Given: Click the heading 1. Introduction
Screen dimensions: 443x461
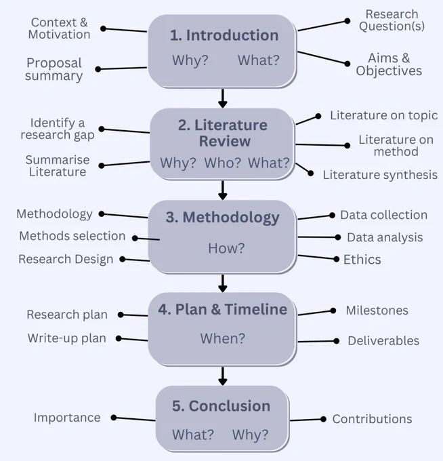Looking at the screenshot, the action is (x=224, y=35).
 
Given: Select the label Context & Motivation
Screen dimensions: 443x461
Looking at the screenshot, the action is (x=60, y=28).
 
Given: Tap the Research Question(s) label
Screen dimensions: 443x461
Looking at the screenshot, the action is (x=392, y=20).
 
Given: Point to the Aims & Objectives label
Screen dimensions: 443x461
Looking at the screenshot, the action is (x=389, y=64).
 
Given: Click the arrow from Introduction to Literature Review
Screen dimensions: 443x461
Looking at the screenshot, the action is (x=223, y=98).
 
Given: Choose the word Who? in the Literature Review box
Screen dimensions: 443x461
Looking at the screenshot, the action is (x=222, y=163).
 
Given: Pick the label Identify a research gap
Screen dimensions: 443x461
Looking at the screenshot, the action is (x=58, y=129).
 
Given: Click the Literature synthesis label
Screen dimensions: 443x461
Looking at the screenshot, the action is (x=380, y=175).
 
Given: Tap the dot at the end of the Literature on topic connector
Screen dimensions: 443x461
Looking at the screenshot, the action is (x=318, y=117).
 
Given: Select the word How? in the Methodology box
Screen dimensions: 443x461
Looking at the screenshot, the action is (x=226, y=248).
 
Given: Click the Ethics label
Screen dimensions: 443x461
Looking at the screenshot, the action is (x=362, y=260).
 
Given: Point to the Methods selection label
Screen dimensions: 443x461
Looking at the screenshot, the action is (x=72, y=236).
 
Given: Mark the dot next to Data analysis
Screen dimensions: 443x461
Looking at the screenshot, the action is (x=338, y=237).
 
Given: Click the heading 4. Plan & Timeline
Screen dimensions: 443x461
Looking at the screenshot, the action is (x=223, y=310).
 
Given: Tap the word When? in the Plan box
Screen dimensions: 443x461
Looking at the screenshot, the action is (x=223, y=339).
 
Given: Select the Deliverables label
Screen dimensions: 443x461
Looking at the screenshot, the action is (x=383, y=341).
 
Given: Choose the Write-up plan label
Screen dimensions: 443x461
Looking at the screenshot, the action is (x=67, y=338).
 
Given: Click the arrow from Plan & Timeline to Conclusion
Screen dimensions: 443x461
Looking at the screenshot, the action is (x=223, y=376).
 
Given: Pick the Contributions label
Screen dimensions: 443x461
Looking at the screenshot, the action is (x=372, y=419).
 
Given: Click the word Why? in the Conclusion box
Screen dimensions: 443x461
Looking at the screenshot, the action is (x=251, y=435).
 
